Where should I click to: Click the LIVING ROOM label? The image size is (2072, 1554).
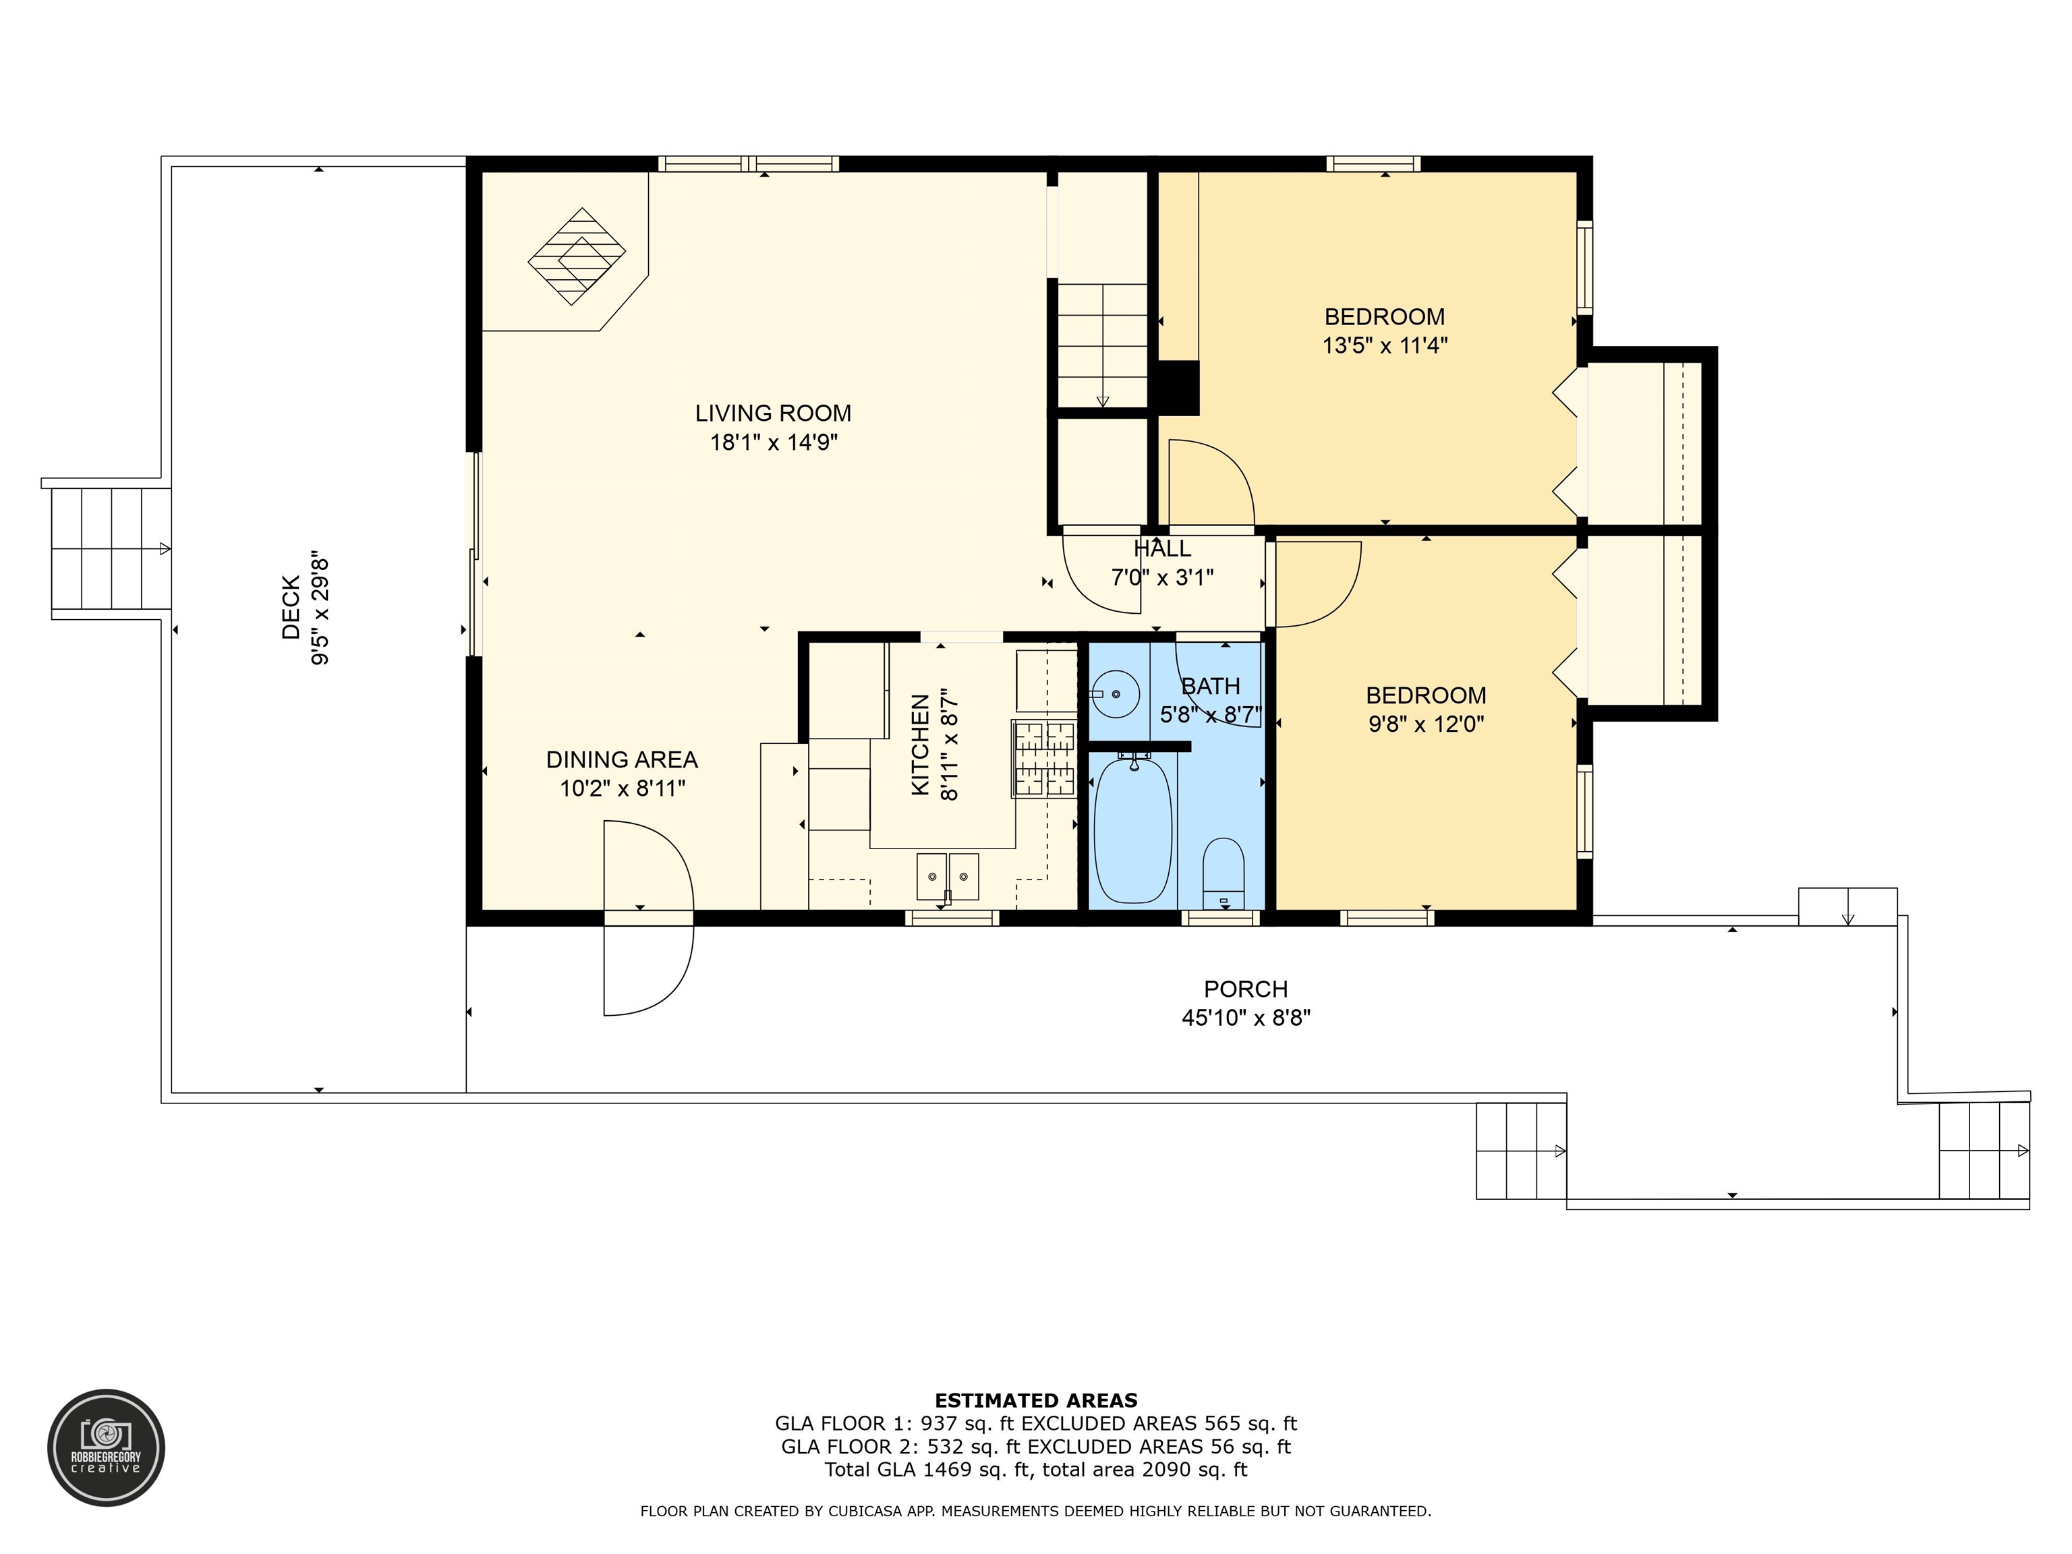pyautogui.click(x=773, y=413)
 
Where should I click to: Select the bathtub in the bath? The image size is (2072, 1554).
pyautogui.click(x=1132, y=829)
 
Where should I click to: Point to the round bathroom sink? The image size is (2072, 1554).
pyautogui.click(x=1115, y=694)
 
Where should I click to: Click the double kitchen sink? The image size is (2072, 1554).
pyautogui.click(x=947, y=877)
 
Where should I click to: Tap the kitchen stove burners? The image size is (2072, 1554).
pyautogui.click(x=1044, y=758)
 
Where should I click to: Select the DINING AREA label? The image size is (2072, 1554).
pyautogui.click(x=622, y=759)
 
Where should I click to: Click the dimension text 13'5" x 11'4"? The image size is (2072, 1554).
pyautogui.click(x=1385, y=345)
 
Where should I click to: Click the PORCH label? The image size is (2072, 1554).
pyautogui.click(x=1246, y=989)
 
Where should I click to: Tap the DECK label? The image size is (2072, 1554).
pyautogui.click(x=291, y=608)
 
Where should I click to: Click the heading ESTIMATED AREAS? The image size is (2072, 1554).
pyautogui.click(x=1036, y=1400)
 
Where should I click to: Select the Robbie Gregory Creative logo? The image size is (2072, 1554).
pyautogui.click(x=106, y=1447)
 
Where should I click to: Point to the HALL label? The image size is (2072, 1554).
pyautogui.click(x=1162, y=549)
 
